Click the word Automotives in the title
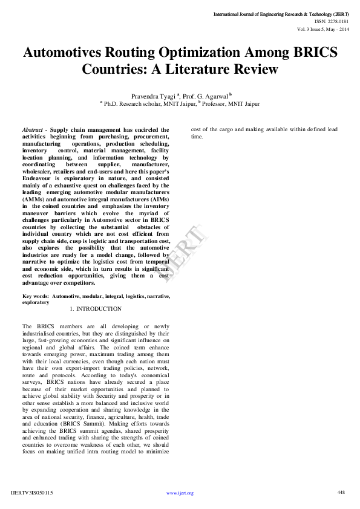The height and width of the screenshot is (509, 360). pos(65,53)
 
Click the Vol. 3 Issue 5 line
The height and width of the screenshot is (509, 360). pos(323,28)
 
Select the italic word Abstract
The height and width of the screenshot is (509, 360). pos(34,130)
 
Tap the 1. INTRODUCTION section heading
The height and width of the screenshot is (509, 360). pos(96,309)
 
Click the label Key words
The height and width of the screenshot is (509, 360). pos(35,296)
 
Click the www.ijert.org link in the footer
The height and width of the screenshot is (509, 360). pos(180,493)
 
